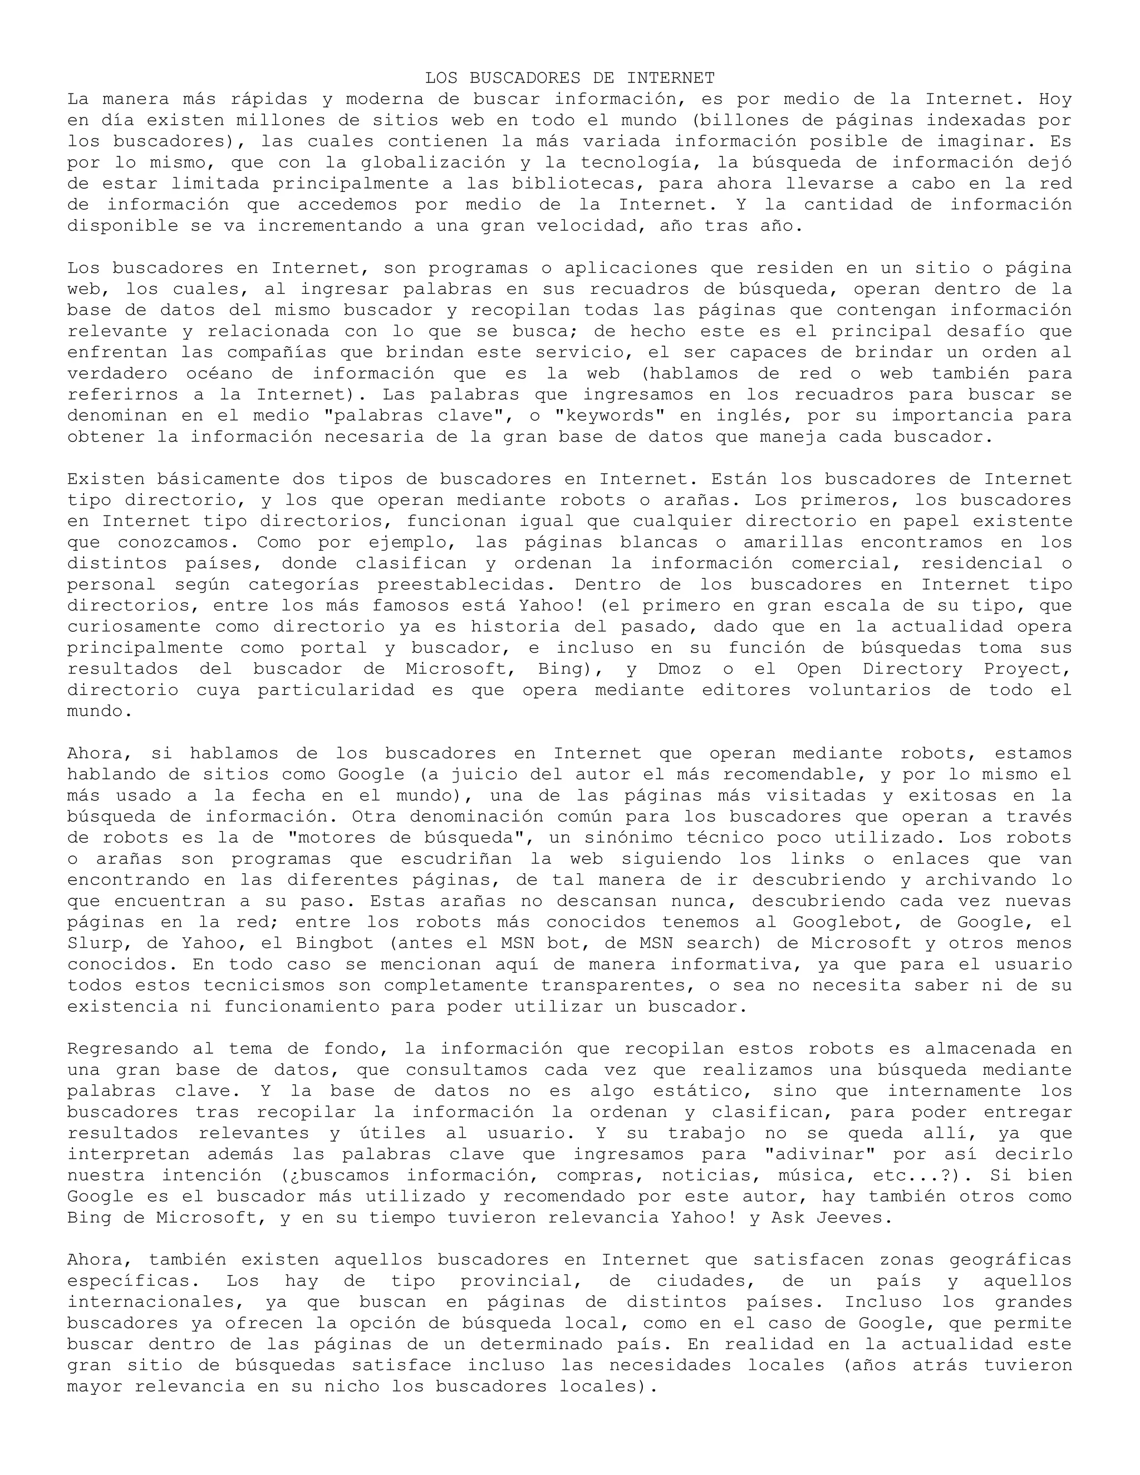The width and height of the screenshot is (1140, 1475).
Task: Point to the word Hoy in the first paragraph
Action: [x=1055, y=99]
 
